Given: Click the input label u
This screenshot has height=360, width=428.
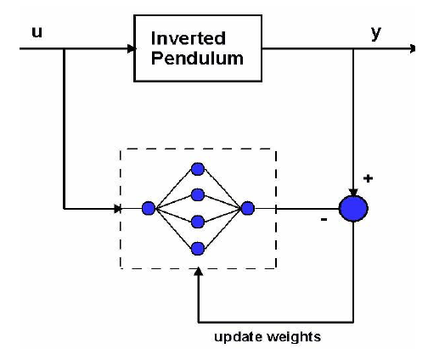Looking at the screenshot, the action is pos(37,32).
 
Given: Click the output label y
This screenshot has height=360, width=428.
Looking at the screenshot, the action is pos(376,33).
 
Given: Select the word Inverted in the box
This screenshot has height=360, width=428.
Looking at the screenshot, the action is pos(189,38).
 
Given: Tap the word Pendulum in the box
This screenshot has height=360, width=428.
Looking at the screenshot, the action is pos(197,59).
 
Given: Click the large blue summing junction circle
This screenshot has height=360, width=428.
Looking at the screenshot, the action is pos(353,209).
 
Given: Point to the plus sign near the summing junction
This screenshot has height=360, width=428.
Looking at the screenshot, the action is pos(368,178).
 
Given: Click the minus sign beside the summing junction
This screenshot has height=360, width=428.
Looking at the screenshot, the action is pos(324,219).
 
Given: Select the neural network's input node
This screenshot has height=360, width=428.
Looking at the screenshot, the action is pos(149,209).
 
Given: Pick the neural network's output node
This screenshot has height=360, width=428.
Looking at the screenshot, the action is pos(248,209).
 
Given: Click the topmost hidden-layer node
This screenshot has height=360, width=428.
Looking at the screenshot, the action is pos(198,169).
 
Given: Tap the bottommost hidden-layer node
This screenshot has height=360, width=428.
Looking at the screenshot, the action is pos(198,249).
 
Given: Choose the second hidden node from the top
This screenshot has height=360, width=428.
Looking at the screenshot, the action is pos(198,195).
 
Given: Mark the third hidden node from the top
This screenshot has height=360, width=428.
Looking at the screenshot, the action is pos(198,222).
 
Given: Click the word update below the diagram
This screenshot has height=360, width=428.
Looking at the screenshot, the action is pos(238,338).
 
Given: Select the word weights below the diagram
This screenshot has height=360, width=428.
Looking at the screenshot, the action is pos(294,338).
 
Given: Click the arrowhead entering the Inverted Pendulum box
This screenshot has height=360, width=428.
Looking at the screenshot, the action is pos(132,48).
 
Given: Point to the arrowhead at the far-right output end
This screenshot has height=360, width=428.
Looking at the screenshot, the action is pos(412,48).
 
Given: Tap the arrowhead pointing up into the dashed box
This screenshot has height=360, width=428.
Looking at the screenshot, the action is pos(199,272).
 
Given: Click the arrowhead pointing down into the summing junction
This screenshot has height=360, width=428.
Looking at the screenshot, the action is pos(353,193).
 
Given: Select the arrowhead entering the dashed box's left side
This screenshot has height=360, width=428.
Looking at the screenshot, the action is pos(117,209).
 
